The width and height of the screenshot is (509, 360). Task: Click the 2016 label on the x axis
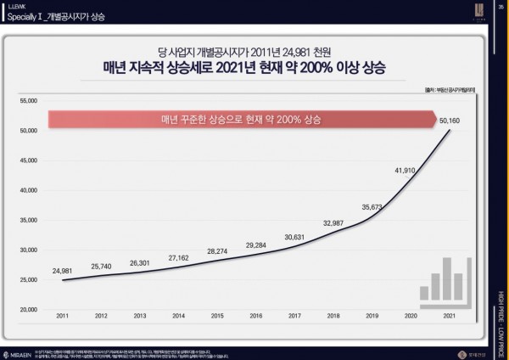(x=257, y=315)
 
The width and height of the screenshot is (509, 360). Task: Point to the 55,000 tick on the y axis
(x=30, y=100)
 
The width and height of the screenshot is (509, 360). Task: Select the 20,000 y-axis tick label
(x=30, y=309)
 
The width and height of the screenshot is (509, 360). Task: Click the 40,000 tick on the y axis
(x=30, y=190)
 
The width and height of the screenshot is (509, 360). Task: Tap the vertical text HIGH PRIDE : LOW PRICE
(x=501, y=318)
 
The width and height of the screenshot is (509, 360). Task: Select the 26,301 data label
(x=141, y=262)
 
